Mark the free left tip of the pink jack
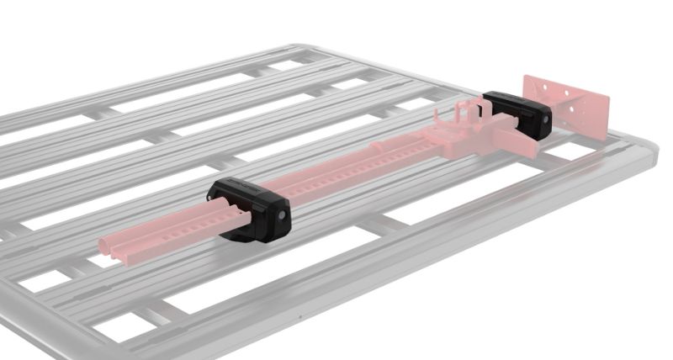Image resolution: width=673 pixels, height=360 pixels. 104,246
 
